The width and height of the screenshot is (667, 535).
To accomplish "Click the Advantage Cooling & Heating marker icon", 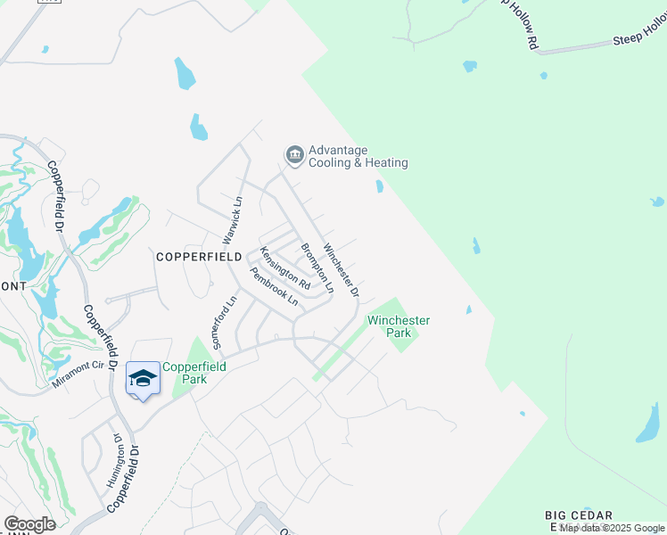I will pos(294,156).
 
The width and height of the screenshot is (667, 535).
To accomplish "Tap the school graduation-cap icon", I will pos(143,378).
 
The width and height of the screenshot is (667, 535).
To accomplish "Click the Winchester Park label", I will pos(399,326).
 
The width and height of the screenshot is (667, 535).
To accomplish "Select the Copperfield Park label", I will pos(185,373).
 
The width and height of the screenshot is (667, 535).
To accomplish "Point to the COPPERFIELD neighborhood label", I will pos(200,256).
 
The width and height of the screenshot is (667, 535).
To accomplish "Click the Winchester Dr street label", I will pos(341,270).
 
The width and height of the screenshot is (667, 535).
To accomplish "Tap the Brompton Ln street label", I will pos(317,268).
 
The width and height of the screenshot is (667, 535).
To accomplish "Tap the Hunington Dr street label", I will pos(113,460).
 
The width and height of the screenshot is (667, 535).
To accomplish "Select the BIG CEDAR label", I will pos(580,516).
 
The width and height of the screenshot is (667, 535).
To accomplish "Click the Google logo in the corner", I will pos(29,524).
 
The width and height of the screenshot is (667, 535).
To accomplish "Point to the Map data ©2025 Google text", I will pos(613,529).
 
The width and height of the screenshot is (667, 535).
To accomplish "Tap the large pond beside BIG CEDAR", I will pos(648,424).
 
